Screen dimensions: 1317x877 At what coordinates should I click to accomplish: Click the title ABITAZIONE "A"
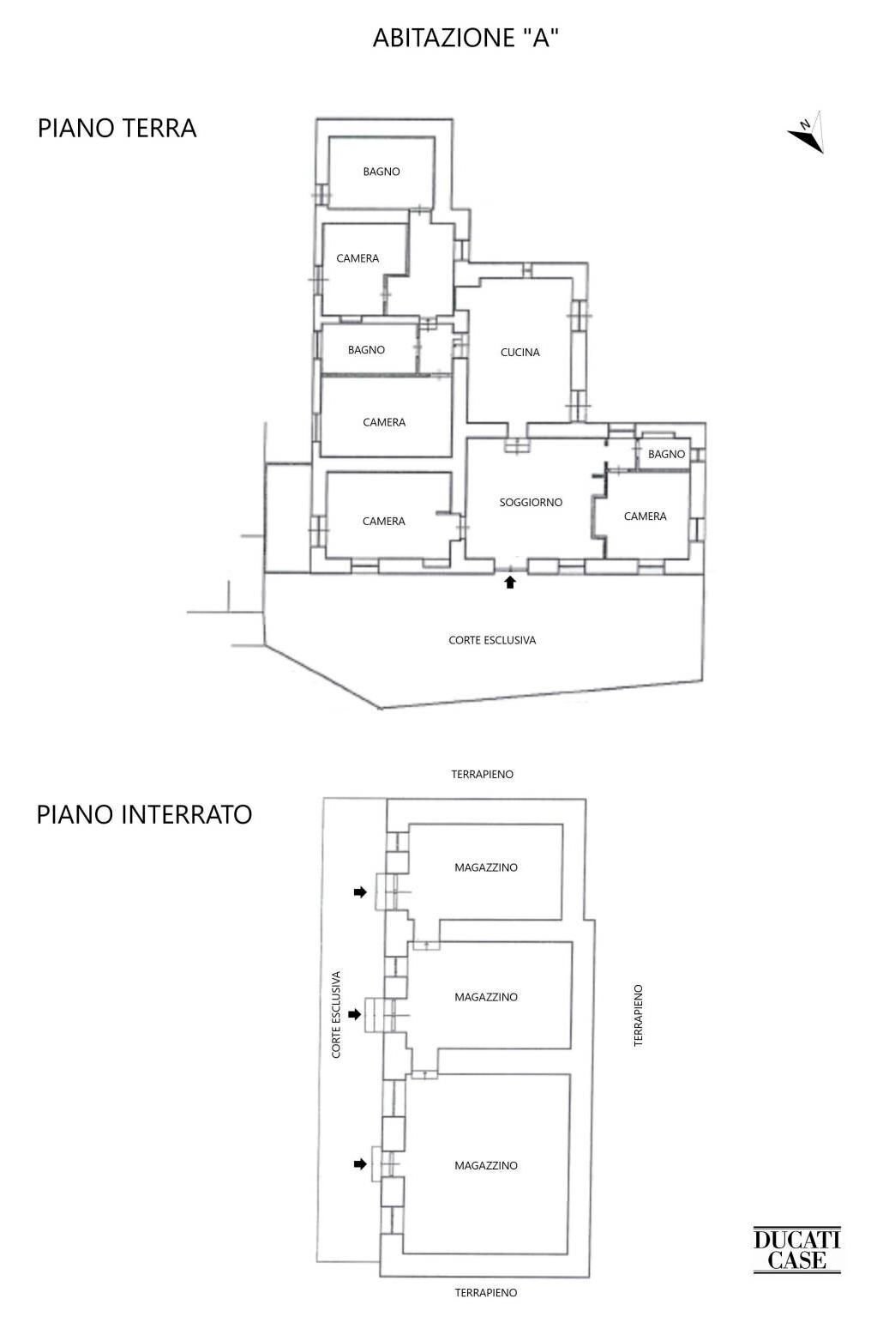click(466, 38)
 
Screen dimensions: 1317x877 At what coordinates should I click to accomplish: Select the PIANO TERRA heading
click(117, 128)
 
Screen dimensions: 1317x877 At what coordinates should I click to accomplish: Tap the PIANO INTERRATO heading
click(144, 813)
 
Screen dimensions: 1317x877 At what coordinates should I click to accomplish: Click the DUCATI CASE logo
click(796, 1249)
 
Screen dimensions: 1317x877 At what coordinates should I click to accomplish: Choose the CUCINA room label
click(520, 352)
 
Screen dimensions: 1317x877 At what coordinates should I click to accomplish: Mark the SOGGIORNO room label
click(531, 502)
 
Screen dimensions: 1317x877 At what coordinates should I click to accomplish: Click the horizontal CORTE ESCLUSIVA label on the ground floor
click(492, 640)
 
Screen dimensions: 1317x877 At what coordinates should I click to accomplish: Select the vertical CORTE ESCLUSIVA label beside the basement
click(336, 1014)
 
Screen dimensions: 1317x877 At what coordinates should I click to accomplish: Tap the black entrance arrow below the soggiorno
click(510, 582)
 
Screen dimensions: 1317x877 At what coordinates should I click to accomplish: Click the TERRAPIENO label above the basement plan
click(482, 774)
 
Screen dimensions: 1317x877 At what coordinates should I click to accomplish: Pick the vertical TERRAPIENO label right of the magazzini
click(638, 1015)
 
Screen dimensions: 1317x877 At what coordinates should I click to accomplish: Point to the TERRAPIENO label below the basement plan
click(485, 1292)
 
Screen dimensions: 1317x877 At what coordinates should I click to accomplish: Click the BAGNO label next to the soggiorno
click(666, 454)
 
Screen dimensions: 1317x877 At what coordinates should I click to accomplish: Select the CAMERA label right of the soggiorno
click(645, 516)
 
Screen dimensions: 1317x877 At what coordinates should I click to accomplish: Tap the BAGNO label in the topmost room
click(381, 172)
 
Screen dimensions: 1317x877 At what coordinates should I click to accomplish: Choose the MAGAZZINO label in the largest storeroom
click(486, 1165)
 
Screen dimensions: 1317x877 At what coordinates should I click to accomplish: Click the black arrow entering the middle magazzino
click(360, 1014)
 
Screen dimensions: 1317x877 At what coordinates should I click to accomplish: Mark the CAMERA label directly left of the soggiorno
click(383, 521)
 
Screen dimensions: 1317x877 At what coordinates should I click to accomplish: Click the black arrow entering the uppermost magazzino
click(360, 892)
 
